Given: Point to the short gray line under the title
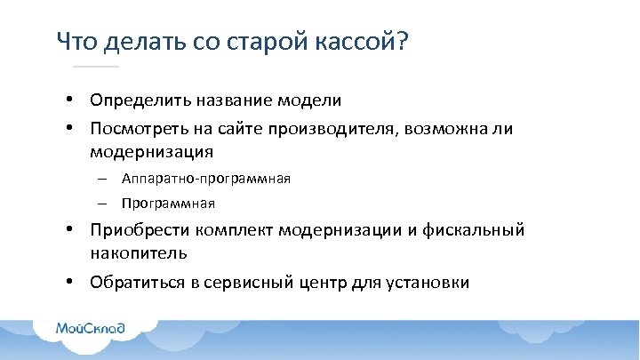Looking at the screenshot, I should [x=95, y=67].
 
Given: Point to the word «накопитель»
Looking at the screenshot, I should [x=138, y=253].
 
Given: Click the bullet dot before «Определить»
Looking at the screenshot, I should [x=68, y=100].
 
